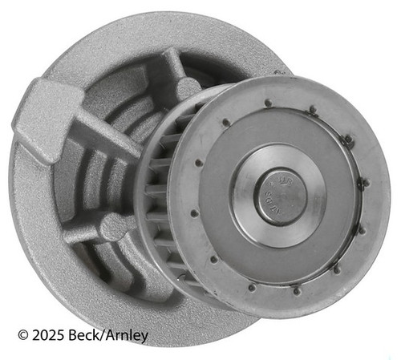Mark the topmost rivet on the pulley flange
point(267,102)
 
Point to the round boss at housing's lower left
point(110,229)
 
